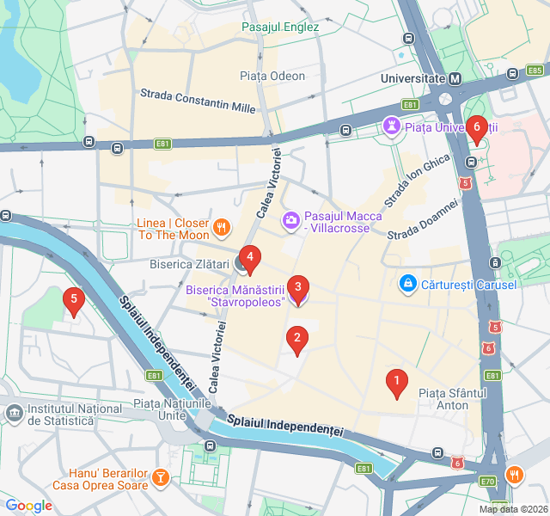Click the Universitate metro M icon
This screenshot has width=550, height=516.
point(455,78)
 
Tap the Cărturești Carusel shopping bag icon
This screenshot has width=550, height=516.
point(408,283)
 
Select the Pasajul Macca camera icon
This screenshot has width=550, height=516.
point(291,222)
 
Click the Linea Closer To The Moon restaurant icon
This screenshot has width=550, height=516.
point(221,227)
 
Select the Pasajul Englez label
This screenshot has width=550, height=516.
point(280,27)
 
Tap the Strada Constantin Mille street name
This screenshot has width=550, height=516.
point(198,100)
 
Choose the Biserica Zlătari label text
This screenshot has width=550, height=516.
point(189,264)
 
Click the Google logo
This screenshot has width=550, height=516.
point(28,506)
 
